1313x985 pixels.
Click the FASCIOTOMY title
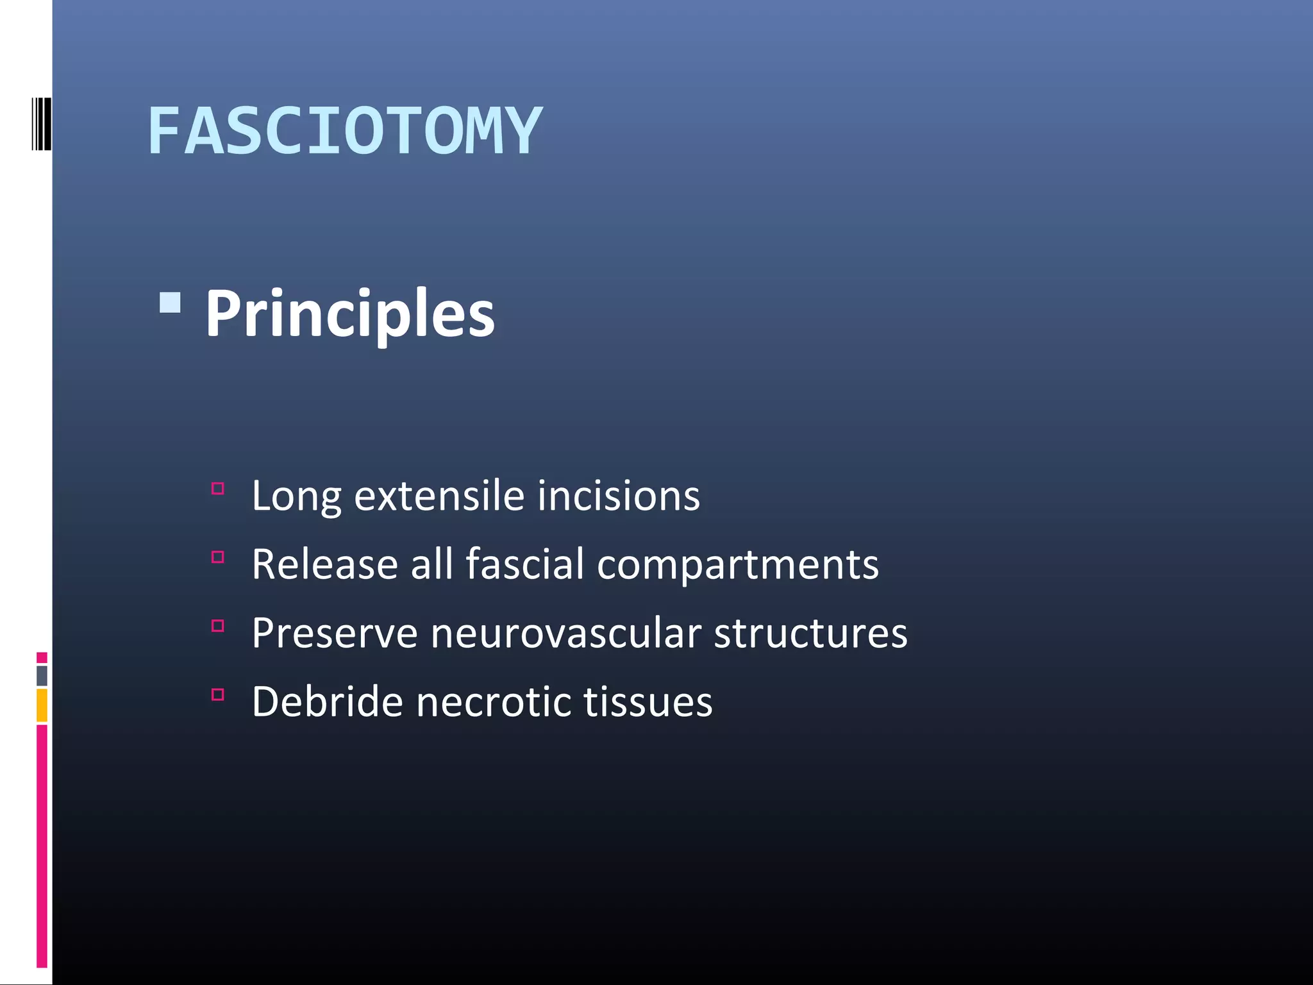[x=345, y=131]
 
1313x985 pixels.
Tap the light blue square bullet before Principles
[x=170, y=303]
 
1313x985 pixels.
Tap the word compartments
[x=738, y=566]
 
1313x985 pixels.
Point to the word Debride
[x=327, y=702]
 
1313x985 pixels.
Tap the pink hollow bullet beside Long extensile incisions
[x=218, y=489]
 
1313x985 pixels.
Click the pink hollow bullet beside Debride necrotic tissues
[x=218, y=695]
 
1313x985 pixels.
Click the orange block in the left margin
[x=42, y=705]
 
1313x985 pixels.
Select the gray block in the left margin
[x=42, y=675]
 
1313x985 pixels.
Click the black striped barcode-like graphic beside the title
[x=41, y=124]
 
